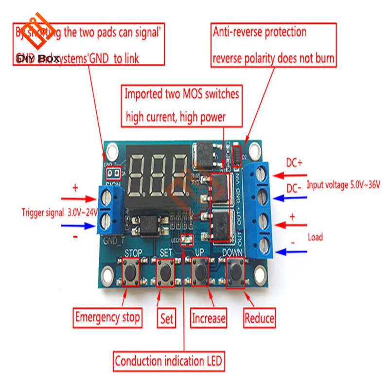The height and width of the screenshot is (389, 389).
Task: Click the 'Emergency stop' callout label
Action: tap(107, 318)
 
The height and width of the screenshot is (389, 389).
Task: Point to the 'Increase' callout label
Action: tap(209, 318)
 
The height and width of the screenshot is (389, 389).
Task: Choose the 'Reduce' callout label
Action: tap(259, 318)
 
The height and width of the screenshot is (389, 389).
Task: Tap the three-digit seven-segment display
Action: tap(158, 172)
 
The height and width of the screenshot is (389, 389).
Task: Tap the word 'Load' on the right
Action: tap(316, 237)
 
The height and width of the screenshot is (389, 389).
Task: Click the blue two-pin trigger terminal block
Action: tap(108, 211)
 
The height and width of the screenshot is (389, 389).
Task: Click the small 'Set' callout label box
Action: tap(166, 318)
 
